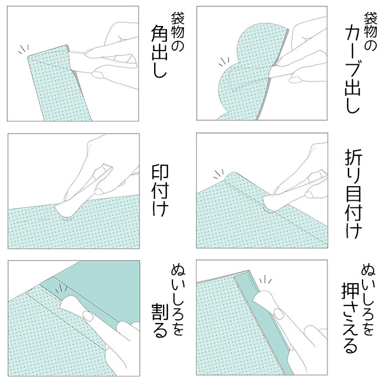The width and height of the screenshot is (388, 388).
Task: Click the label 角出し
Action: pyautogui.click(x=160, y=51)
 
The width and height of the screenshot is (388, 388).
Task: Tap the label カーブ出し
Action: pyautogui.click(x=353, y=70)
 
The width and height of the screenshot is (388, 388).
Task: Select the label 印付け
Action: pyautogui.click(x=160, y=190)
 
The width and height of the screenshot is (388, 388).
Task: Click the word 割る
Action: pyautogui.click(x=160, y=321)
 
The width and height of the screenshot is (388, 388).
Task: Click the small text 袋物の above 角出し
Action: pyautogui.click(x=177, y=32)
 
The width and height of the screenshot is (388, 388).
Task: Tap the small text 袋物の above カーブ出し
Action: pyautogui.click(x=370, y=32)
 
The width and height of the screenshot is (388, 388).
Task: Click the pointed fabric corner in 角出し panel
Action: pyautogui.click(x=28, y=58)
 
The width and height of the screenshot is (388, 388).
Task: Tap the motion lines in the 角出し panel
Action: pyautogui.click(x=23, y=49)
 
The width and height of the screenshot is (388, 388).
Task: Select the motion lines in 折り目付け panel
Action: pyautogui.click(x=219, y=173)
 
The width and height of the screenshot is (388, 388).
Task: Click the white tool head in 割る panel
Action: pyautogui.click(x=70, y=306)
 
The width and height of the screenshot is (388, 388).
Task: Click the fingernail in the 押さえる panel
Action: pyautogui.click(x=279, y=314)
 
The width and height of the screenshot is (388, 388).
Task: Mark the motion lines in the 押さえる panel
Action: pyautogui.click(x=266, y=279)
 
